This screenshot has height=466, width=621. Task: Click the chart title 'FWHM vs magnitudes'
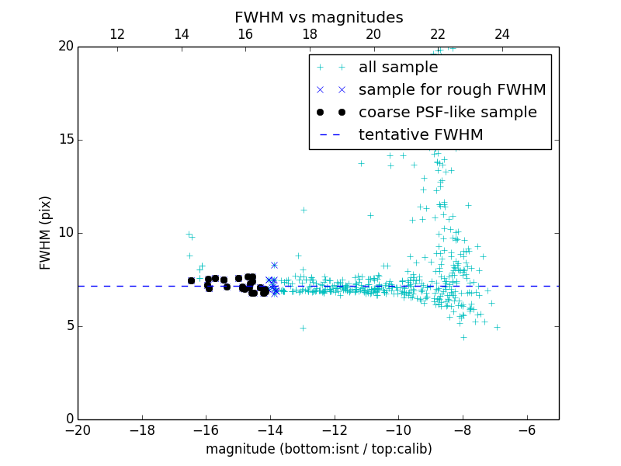pyautogui.click(x=318, y=17)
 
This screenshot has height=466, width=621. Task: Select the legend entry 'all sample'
pyautogui.click(x=398, y=68)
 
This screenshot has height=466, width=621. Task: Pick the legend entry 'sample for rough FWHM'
pyautogui.click(x=452, y=90)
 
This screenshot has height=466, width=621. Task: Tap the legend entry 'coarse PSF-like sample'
pyautogui.click(x=447, y=113)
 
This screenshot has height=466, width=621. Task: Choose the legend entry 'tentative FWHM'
pyautogui.click(x=421, y=135)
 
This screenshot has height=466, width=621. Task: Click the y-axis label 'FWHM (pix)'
pyautogui.click(x=46, y=232)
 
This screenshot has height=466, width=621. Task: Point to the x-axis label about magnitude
pyautogui.click(x=318, y=449)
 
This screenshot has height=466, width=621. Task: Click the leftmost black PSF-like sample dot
pyautogui.click(x=191, y=280)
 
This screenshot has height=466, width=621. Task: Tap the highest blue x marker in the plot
pyautogui.click(x=274, y=265)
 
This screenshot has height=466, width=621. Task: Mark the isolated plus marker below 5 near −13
pyautogui.click(x=303, y=328)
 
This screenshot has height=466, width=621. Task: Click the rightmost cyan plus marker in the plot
pyautogui.click(x=497, y=327)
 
